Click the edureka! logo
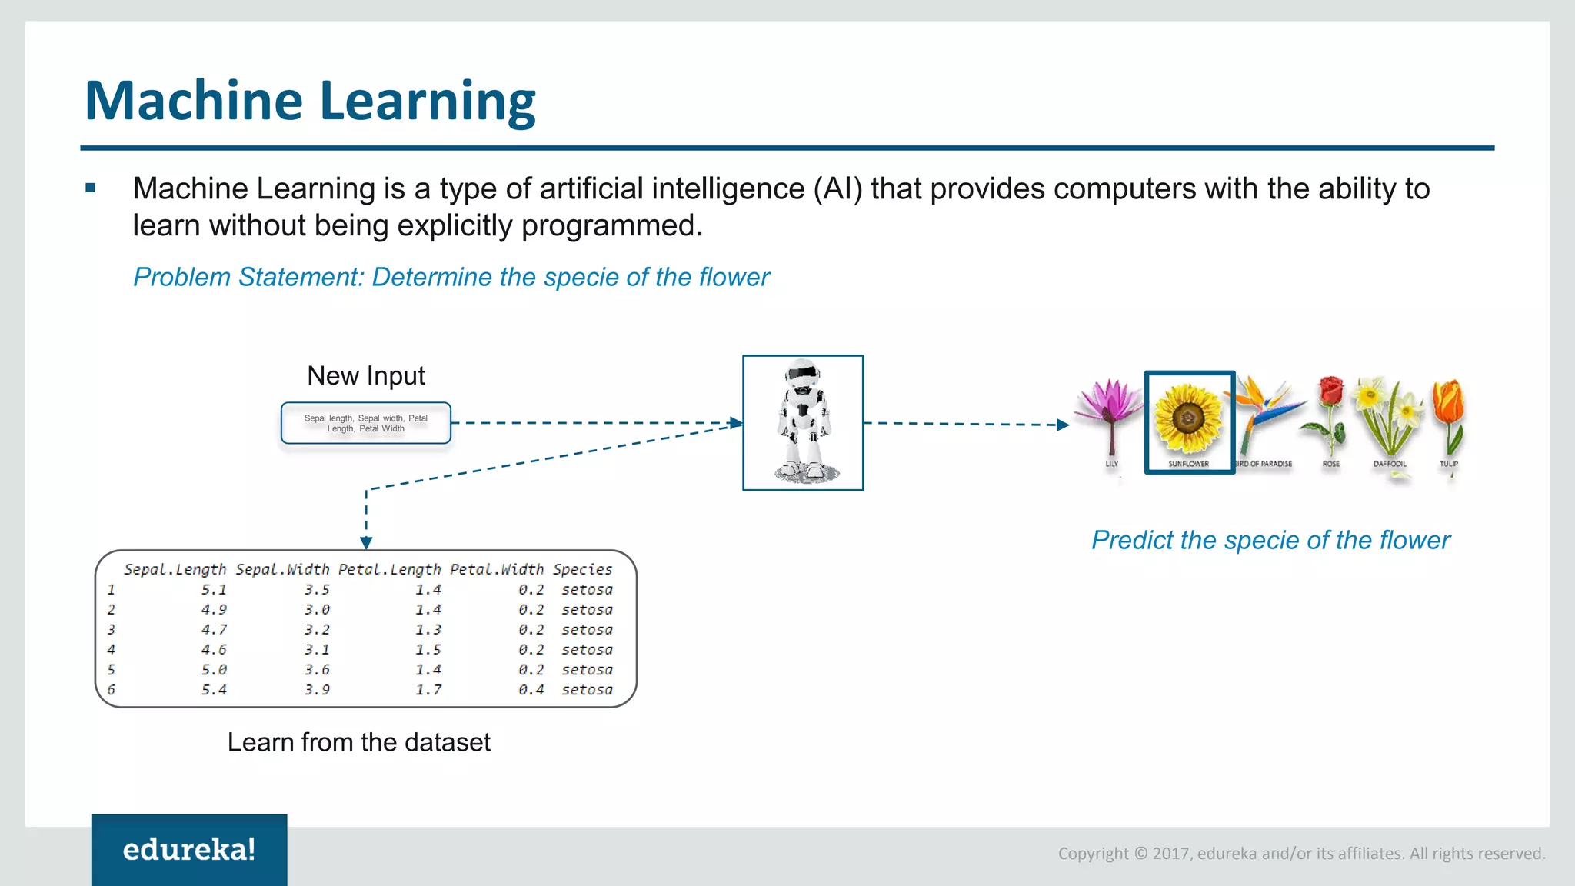click(x=189, y=849)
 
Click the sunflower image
click(x=1188, y=419)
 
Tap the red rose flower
click(x=1330, y=392)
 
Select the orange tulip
click(x=1448, y=404)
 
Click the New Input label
click(x=366, y=375)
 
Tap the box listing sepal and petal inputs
click(x=366, y=423)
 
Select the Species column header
click(x=582, y=569)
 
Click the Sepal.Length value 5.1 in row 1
click(x=214, y=590)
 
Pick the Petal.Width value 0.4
click(x=531, y=690)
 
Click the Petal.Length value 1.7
click(x=428, y=690)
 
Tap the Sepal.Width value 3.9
click(x=317, y=690)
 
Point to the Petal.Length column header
click(x=390, y=569)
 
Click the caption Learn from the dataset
click(x=358, y=742)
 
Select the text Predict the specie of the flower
click(x=1270, y=540)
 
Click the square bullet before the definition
click(x=91, y=188)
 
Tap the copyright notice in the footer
click(x=1301, y=853)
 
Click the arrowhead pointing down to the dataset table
click(x=366, y=543)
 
